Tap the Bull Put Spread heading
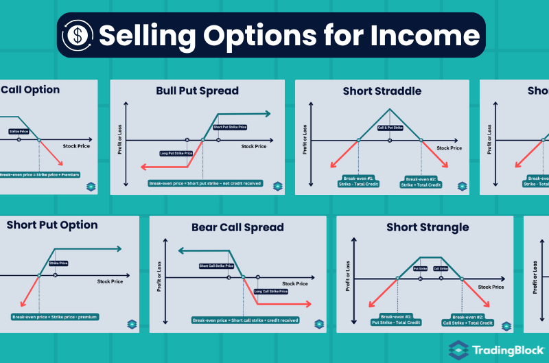point(197,91)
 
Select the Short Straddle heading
point(382,91)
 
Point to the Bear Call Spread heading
point(237,227)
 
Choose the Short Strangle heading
point(428,227)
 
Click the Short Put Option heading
point(52,225)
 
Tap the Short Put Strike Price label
point(230,127)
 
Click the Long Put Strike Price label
point(176,153)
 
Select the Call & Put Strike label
point(390,128)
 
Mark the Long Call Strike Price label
point(271,291)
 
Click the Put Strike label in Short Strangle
point(420,268)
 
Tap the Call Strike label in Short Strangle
point(441,268)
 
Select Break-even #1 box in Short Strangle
point(391,319)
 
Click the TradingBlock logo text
point(508,350)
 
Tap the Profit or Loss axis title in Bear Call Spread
point(160,281)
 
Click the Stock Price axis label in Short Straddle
point(449,148)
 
